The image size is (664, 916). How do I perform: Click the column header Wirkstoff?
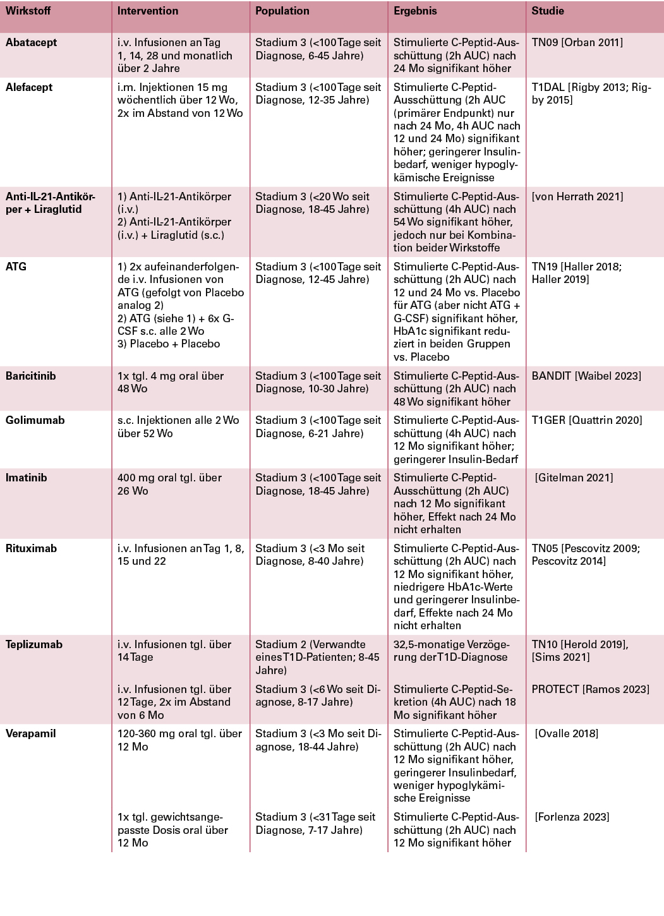point(28,11)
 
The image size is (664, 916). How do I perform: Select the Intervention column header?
point(148,11)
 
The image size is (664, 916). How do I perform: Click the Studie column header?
point(547,11)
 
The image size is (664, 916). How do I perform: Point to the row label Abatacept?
point(31,42)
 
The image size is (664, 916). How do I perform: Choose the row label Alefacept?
point(29,87)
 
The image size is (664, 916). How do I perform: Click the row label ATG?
point(16,267)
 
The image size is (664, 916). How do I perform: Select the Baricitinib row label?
point(30,376)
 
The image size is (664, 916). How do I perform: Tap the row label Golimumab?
point(35,420)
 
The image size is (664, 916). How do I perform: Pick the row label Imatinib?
point(26,478)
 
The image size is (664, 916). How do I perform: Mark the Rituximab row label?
point(31,548)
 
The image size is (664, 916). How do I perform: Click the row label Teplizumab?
point(34,644)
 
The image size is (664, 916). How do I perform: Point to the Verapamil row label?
point(30,733)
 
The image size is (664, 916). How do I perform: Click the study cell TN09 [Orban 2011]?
point(577,42)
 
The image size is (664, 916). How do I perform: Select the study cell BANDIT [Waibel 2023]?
point(586,376)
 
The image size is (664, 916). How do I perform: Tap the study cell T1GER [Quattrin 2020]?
point(586,420)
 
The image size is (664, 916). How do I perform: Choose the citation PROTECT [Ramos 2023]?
point(590,689)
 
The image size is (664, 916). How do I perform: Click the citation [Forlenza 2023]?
point(572,817)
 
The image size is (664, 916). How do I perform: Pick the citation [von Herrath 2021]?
point(577,196)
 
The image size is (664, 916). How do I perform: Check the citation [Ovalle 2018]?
point(566,733)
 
